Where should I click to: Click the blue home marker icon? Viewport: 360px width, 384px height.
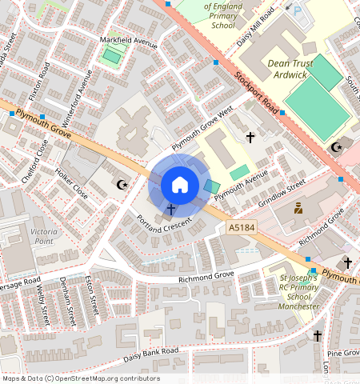[180, 185]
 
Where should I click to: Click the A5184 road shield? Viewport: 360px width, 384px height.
[241, 228]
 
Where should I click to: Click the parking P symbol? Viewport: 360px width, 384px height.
[298, 12]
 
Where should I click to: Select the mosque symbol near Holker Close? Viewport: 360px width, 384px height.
[122, 186]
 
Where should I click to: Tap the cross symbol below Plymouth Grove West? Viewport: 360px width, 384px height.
[250, 138]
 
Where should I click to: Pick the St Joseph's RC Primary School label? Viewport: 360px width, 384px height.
[293, 290]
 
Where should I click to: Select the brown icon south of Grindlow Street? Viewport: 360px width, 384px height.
[298, 208]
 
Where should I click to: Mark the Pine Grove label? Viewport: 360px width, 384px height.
[342, 353]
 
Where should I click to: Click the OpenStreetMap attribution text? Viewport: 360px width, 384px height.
[81, 378]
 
